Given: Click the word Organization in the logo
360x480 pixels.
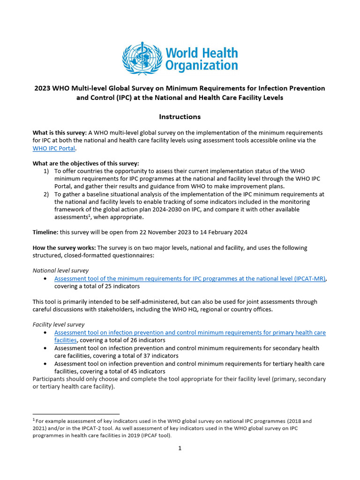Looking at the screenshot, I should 201,66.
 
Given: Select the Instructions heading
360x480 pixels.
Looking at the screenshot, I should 180,117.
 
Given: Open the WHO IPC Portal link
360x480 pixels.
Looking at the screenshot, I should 54,148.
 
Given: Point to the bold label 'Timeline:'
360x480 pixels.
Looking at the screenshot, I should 45,232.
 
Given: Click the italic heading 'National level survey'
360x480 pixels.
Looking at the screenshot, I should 60,270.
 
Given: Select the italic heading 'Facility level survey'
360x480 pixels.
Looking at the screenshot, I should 59,324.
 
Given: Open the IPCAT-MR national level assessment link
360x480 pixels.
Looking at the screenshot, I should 190,278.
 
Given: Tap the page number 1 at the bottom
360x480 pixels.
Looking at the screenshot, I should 180,448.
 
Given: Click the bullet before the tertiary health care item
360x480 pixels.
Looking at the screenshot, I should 45,364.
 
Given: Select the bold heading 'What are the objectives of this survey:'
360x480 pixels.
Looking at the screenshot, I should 86,164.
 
